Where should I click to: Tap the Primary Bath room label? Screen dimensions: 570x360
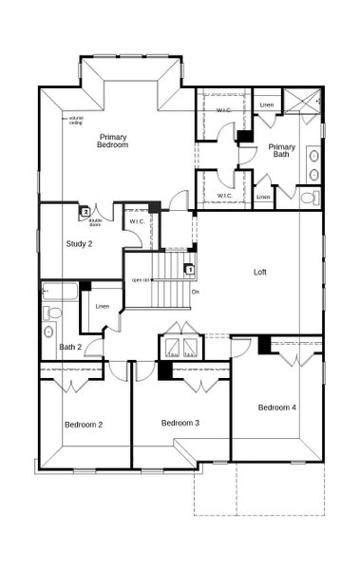pos(282,151)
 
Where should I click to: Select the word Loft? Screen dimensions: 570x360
pos(260,273)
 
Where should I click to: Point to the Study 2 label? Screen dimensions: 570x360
pos(79,244)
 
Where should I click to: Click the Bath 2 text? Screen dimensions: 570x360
pos(70,347)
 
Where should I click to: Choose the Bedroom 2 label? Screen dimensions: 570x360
pos(84,424)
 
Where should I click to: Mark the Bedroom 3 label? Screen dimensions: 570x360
pos(180,423)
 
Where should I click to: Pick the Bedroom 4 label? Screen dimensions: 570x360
pos(277,408)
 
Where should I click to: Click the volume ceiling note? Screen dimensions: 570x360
pos(76,121)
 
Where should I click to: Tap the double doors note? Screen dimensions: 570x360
pos(95,223)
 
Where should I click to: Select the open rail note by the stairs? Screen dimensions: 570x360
pos(142,279)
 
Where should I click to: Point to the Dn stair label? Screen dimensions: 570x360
pos(195,291)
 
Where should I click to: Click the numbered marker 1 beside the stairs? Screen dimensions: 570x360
pos(190,270)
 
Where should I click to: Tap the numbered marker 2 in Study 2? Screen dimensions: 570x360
pos(85,212)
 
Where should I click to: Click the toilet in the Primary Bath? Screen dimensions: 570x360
pos(310,198)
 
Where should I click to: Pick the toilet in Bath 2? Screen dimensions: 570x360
pos(53,312)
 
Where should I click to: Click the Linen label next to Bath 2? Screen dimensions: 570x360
pos(103,306)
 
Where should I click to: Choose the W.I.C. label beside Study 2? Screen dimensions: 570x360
pos(137,221)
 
